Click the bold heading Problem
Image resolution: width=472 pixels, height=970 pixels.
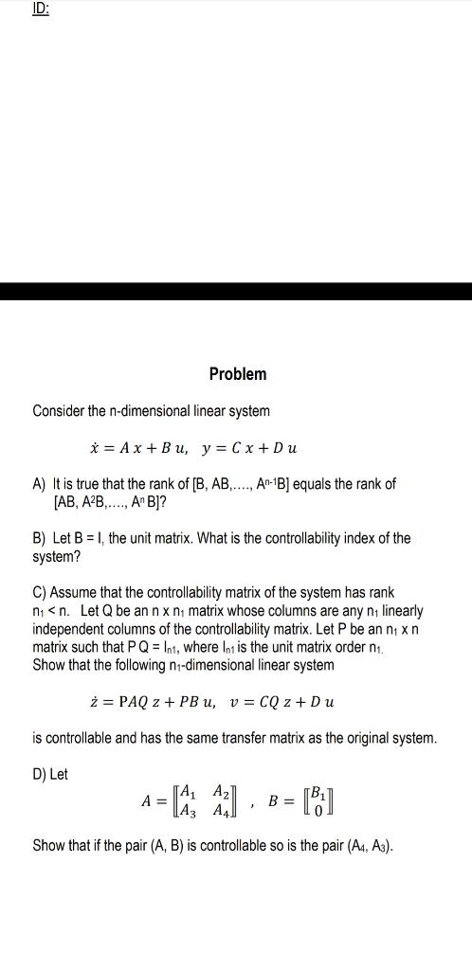[238, 374]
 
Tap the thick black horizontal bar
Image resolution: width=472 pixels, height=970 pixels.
[236, 292]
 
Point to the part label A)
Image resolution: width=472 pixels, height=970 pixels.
[39, 483]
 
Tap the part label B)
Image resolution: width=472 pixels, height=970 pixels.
[39, 538]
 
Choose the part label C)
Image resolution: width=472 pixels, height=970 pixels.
[39, 592]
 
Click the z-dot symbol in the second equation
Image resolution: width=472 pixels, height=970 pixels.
[91, 702]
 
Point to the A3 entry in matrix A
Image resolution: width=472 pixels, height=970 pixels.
[188, 811]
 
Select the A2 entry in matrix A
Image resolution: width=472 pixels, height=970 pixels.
[221, 793]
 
